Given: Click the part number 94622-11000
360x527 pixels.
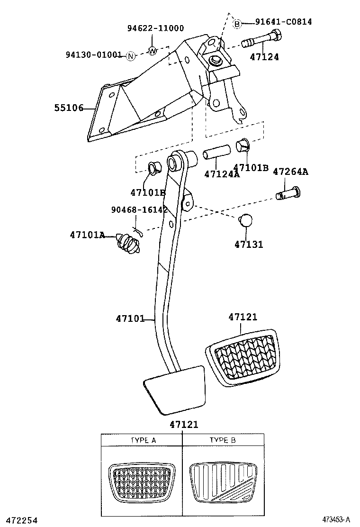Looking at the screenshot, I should tap(155, 28).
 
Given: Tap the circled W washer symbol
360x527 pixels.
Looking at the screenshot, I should tap(152, 51).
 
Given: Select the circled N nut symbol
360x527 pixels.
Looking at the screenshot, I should tap(131, 56).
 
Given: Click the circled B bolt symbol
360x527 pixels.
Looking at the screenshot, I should tap(238, 23).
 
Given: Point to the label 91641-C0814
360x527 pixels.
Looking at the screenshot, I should tap(283, 22).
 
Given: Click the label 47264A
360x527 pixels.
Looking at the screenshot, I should tap(290, 172).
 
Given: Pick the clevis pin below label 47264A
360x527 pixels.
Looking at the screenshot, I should tap(289, 193).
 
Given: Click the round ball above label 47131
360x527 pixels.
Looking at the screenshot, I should tap(246, 221).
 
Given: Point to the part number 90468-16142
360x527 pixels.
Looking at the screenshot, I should tap(139, 210).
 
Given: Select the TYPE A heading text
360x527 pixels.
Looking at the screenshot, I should tap(143, 440).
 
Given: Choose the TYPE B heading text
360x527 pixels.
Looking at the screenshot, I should tap(223, 440).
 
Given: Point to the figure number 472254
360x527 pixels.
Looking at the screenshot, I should tap(19, 520).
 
